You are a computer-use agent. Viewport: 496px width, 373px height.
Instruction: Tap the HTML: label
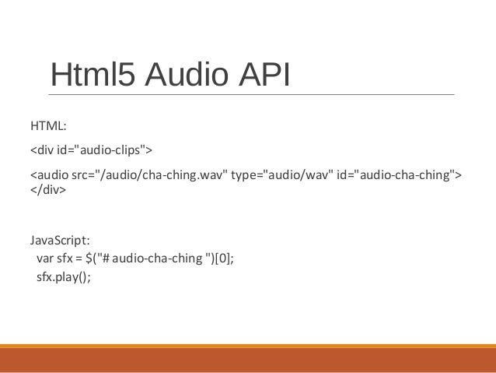[47, 124]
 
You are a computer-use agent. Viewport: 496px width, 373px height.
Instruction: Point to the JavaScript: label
[60, 238]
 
